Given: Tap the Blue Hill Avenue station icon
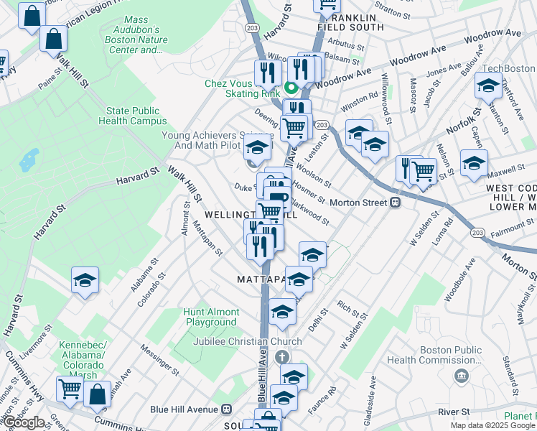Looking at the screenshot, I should click(x=226, y=409).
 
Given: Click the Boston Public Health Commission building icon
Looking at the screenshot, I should click(x=461, y=376).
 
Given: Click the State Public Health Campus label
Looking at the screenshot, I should click(x=136, y=116).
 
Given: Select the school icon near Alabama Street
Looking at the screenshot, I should click(x=85, y=280).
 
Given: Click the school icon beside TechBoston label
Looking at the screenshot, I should click(x=488, y=86).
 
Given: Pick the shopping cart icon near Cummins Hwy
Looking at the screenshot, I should click(x=70, y=389).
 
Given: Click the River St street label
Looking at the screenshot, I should click(x=454, y=412).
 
